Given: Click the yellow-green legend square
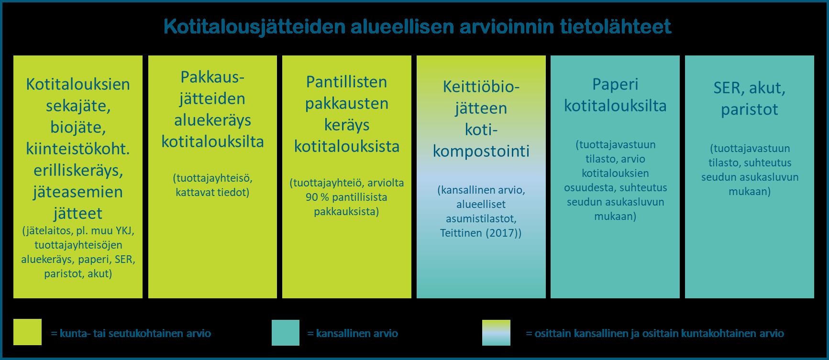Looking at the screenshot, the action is [x=27, y=332].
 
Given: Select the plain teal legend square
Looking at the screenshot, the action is [x=286, y=332].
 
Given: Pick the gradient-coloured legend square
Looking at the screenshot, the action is [x=496, y=332].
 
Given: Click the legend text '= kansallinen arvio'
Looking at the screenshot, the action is [x=353, y=333].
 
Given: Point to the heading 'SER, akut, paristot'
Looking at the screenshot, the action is [x=750, y=98].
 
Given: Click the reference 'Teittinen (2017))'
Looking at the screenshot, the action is [x=481, y=233].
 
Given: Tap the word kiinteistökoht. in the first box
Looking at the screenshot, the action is [x=77, y=149].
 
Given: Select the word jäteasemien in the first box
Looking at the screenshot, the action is [x=77, y=192].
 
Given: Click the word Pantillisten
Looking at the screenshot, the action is [x=347, y=81].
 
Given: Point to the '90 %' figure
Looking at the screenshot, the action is [x=316, y=197].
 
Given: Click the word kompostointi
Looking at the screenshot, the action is [x=481, y=151].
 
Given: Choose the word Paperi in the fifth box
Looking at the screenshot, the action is [x=615, y=84].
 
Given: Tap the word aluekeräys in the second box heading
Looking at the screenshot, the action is [x=212, y=120].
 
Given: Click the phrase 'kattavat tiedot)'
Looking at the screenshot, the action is [x=212, y=193].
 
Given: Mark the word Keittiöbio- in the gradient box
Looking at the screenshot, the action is [x=481, y=87].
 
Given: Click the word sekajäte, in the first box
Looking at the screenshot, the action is [x=77, y=106].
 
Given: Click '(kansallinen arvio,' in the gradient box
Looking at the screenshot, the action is [x=481, y=190].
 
